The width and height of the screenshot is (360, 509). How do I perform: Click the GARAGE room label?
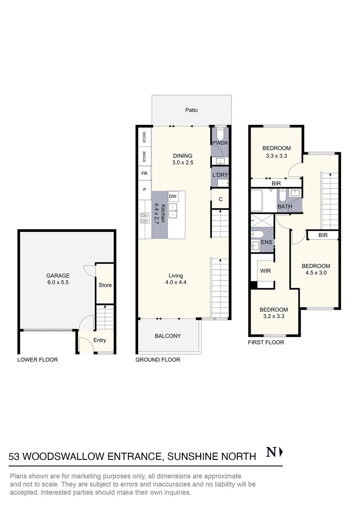[x=58, y=276]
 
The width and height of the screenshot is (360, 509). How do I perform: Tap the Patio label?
[x=191, y=110]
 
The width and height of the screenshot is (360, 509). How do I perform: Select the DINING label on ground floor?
[x=182, y=156]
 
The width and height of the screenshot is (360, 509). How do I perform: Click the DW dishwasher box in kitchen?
[x=172, y=196]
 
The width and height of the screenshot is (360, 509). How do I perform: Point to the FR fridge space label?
[x=145, y=173]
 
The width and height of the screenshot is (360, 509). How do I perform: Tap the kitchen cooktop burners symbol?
[x=145, y=218]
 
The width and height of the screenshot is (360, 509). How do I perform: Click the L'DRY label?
[x=221, y=175]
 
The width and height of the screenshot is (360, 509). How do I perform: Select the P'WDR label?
[x=220, y=143]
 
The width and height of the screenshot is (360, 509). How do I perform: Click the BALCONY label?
[x=168, y=336]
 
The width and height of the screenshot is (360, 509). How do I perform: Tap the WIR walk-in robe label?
[x=265, y=271]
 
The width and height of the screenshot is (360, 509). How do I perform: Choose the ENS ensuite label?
[x=267, y=242]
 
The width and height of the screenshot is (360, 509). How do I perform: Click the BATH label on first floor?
[x=285, y=206]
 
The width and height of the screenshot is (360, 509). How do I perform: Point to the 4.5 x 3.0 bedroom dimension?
[x=316, y=273]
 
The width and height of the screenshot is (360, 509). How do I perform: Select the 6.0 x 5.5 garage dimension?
[x=58, y=282]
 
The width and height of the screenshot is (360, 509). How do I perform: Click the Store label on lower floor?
[x=105, y=285]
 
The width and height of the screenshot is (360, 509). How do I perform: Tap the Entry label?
[x=99, y=340]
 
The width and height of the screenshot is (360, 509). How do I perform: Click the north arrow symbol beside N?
[x=281, y=452]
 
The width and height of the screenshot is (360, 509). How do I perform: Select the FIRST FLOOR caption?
[x=266, y=342]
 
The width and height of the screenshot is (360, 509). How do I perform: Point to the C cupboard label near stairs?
[x=221, y=199]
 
